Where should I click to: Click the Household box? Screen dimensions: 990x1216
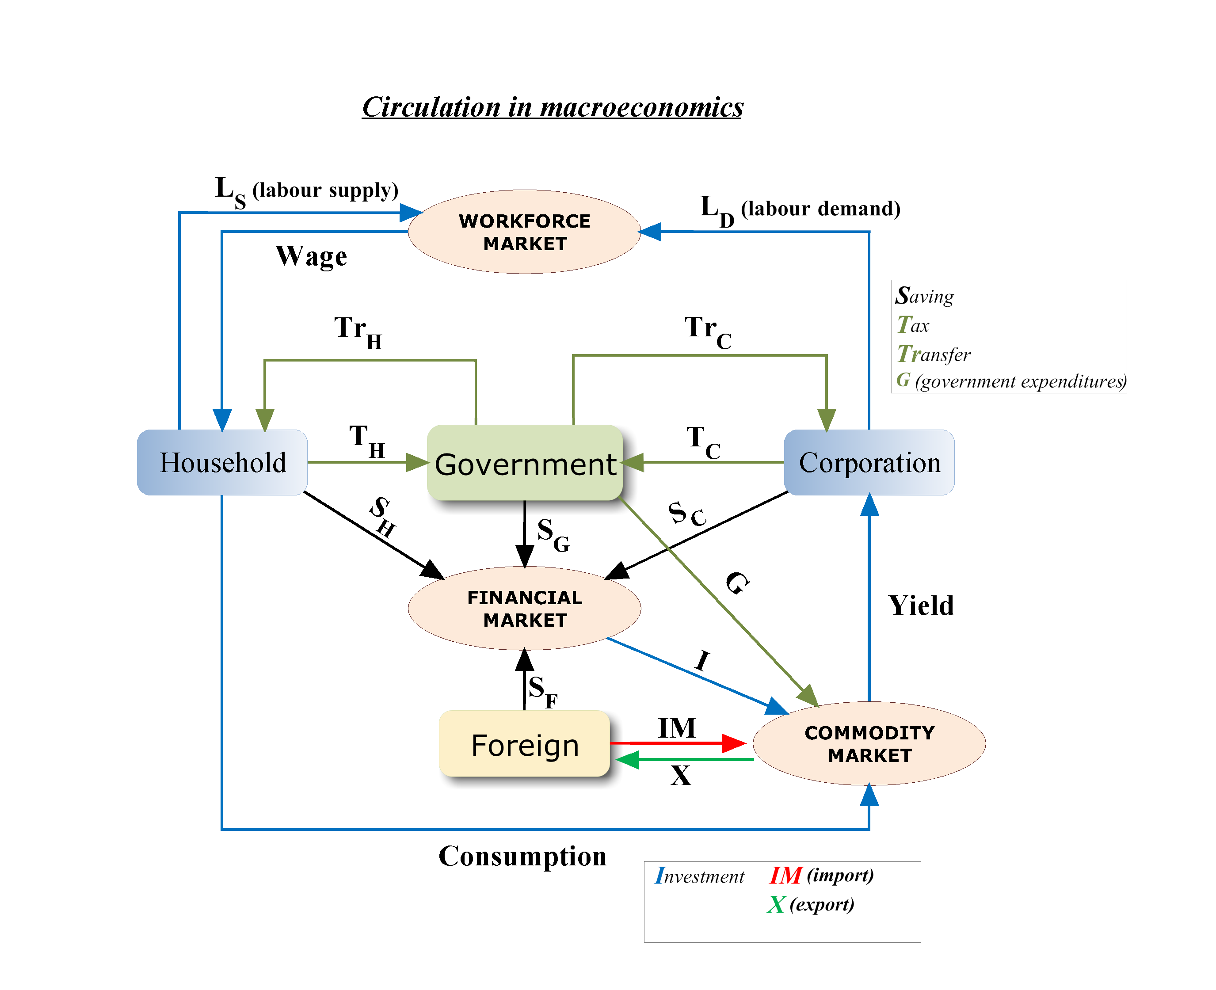(222, 462)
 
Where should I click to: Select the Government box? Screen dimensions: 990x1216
(524, 462)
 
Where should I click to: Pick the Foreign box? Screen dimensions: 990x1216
(524, 744)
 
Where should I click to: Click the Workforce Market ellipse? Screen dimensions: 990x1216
(524, 232)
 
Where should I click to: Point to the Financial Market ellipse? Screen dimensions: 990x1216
(524, 608)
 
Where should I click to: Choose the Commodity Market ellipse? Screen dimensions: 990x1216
(869, 743)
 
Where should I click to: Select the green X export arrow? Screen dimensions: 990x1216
(684, 760)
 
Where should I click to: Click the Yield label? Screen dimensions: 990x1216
(921, 605)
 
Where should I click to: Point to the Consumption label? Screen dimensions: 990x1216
(522, 856)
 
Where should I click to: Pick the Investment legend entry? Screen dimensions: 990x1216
(699, 876)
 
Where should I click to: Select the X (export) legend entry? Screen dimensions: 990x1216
(811, 904)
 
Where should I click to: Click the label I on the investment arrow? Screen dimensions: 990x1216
(703, 660)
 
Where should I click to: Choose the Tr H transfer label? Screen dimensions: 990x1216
(358, 331)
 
